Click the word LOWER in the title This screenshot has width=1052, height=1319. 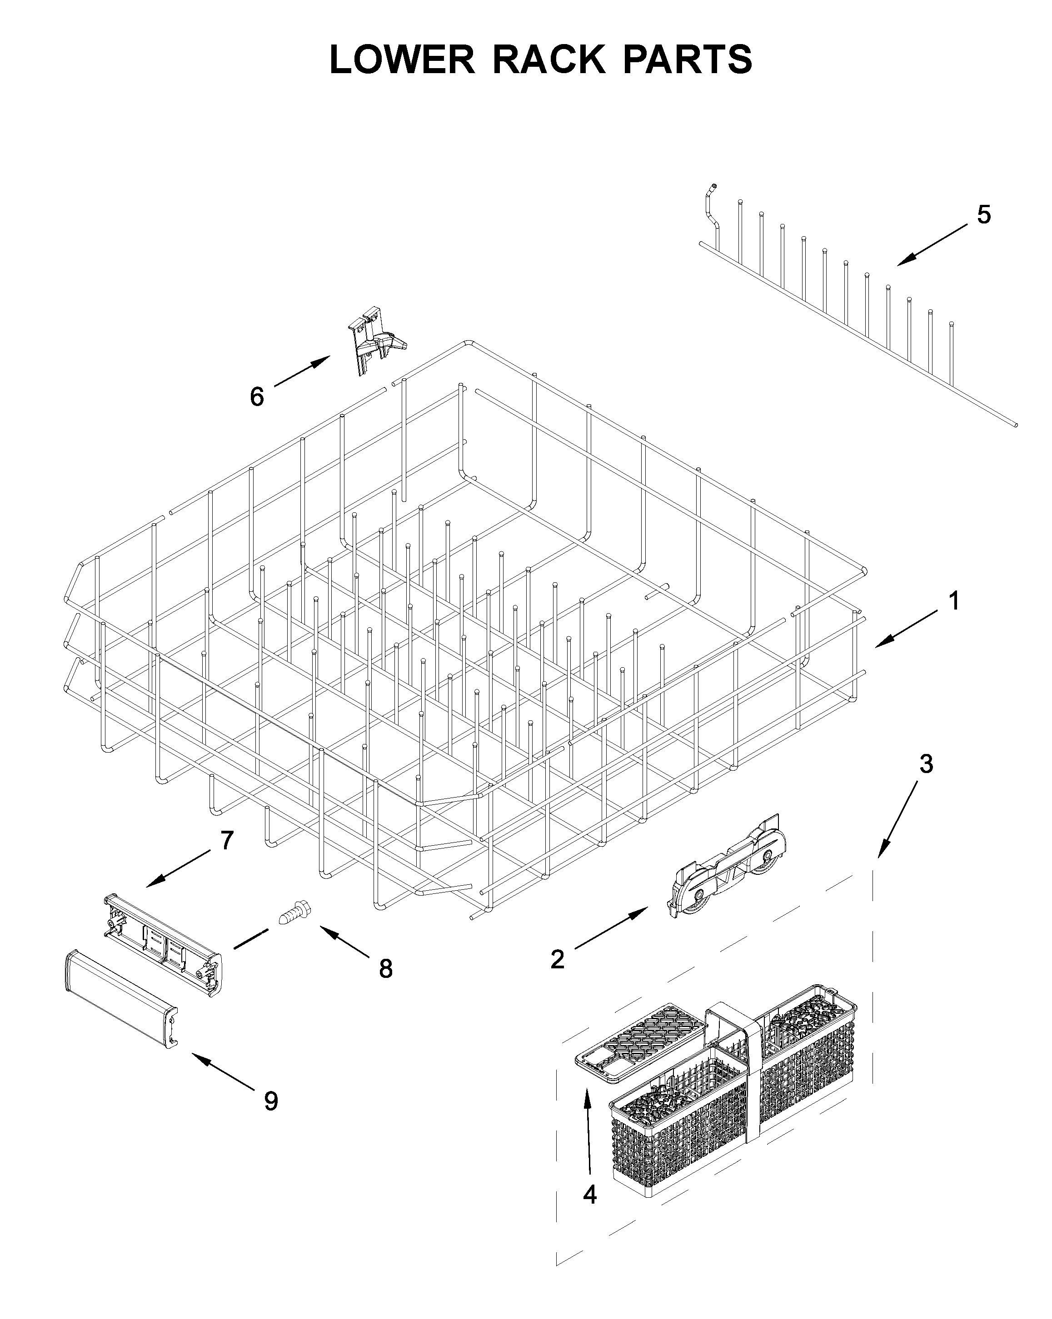click(x=402, y=60)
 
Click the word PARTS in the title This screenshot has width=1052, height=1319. click(x=688, y=60)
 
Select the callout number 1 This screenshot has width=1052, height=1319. click(x=953, y=601)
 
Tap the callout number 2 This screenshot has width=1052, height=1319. click(x=557, y=959)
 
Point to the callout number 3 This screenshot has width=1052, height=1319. click(x=927, y=764)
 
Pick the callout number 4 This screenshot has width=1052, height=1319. click(x=589, y=1194)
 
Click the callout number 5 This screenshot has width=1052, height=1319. click(x=983, y=215)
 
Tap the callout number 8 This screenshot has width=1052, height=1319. click(x=385, y=968)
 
